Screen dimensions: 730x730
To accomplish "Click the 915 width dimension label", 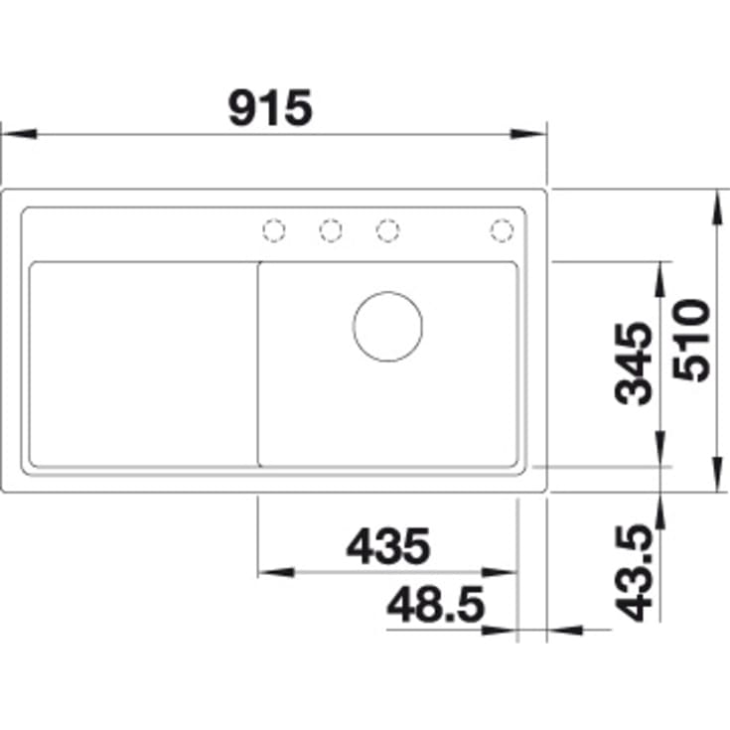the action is click(x=270, y=108).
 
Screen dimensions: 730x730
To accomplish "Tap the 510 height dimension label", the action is click(x=692, y=341).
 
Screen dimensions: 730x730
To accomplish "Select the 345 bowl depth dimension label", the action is click(x=634, y=365).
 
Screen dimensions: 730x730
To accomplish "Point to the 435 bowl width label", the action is click(x=388, y=546).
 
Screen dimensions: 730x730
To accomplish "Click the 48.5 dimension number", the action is click(x=436, y=605).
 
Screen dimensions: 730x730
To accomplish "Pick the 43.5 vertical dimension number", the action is click(x=634, y=573).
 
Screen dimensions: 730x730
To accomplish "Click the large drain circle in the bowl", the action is click(x=387, y=327).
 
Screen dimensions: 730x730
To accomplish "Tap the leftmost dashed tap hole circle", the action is click(x=274, y=230).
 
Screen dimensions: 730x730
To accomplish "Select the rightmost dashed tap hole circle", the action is click(x=502, y=230).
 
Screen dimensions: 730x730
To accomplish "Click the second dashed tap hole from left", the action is click(x=331, y=230).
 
